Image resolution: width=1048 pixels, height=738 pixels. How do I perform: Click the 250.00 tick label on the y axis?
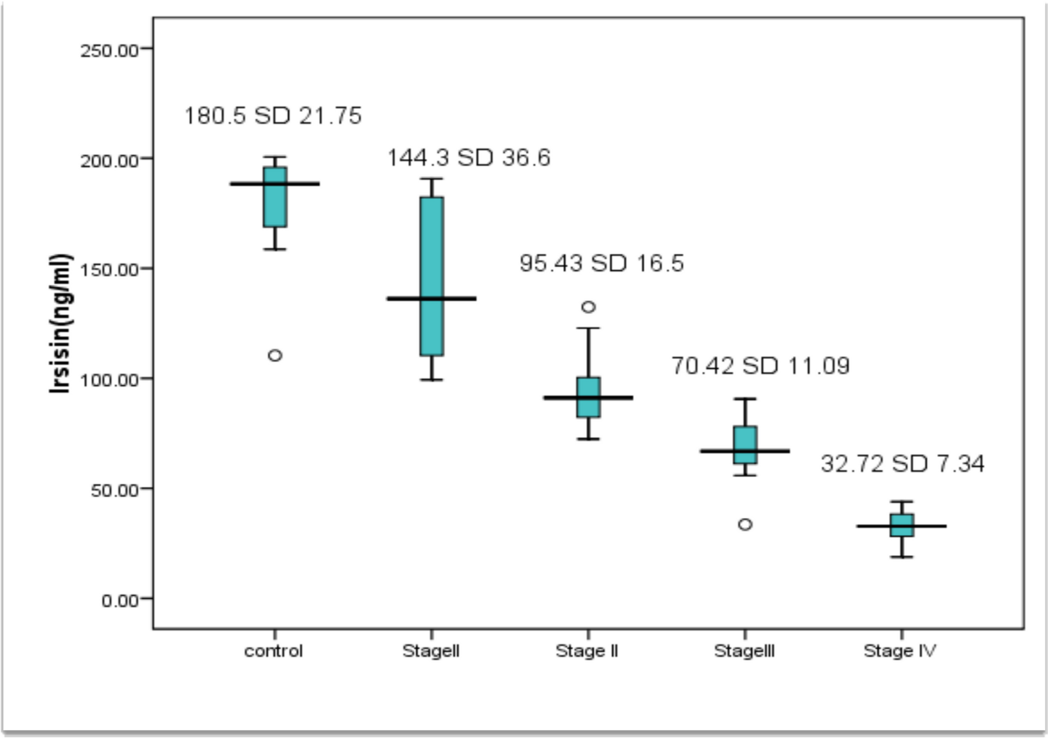109,51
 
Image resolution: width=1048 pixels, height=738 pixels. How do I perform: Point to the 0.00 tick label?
120,600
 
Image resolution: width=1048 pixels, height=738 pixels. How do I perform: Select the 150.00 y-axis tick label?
109,270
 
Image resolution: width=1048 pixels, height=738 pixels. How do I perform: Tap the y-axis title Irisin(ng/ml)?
60,324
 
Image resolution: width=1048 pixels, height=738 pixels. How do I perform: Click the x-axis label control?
274,651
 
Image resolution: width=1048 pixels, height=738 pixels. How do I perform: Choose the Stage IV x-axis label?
900,651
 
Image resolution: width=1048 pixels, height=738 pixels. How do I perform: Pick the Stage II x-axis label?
587,651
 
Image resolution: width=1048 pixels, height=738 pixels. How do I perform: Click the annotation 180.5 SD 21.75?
273,116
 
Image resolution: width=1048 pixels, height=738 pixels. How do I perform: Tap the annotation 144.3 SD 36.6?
469,157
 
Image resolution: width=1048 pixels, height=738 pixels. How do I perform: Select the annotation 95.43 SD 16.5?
601,263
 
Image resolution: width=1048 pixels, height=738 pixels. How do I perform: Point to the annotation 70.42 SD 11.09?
760,366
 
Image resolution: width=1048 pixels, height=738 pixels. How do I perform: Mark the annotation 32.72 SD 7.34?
903,463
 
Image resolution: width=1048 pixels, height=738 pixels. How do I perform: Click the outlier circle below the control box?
275,356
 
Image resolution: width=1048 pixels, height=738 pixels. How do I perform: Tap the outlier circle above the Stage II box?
588,307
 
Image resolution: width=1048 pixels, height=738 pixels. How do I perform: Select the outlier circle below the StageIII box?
745,525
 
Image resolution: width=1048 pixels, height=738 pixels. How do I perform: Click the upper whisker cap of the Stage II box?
588,328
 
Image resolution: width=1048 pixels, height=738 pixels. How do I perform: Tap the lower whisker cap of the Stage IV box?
902,557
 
